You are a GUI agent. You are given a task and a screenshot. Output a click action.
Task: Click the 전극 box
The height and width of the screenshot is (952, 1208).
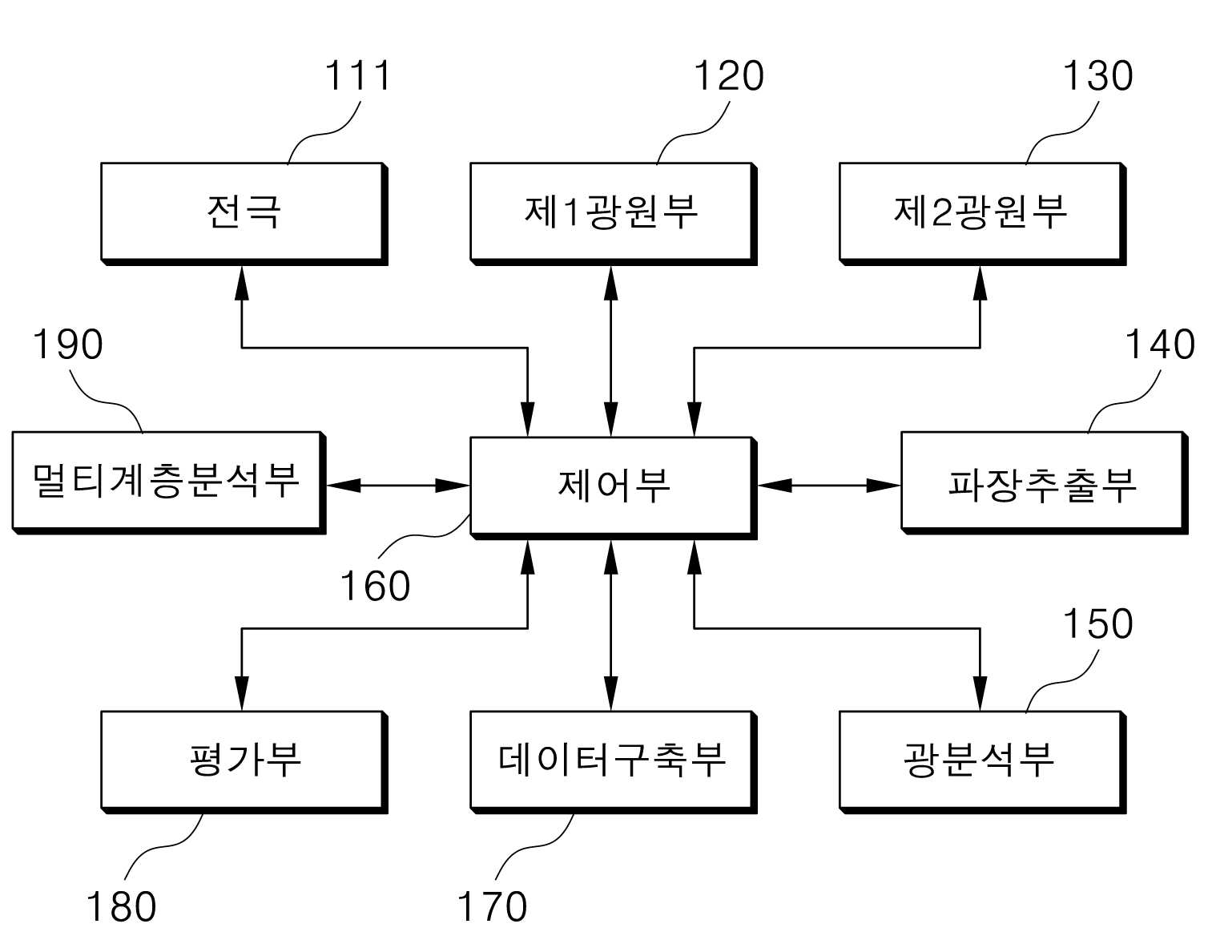[244, 214]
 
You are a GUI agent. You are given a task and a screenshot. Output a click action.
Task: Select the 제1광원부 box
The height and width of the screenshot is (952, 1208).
[614, 214]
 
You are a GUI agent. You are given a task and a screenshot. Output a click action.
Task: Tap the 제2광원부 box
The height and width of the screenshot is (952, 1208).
[983, 214]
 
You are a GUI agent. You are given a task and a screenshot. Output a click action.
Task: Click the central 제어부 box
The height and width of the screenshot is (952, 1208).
[614, 488]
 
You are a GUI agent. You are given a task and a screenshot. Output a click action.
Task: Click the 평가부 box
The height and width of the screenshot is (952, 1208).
[244, 762]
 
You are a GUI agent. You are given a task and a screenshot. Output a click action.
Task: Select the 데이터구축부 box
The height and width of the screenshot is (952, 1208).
[614, 762]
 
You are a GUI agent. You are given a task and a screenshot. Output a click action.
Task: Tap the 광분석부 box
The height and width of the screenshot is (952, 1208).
[983, 762]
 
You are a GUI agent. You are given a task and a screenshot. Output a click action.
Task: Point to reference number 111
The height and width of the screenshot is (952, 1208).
[357, 76]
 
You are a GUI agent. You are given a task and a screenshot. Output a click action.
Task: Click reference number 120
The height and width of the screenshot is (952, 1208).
[729, 76]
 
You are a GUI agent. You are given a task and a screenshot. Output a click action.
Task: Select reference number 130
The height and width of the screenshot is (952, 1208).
[1098, 76]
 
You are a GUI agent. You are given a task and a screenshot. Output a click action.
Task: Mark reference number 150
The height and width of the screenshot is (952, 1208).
[1098, 623]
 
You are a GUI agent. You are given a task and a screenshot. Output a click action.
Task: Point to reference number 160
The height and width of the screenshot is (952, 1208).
[375, 587]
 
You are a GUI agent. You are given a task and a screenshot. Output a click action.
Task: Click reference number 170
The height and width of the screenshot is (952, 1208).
[493, 907]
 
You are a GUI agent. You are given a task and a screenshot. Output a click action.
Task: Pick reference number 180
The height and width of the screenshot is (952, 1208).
[121, 907]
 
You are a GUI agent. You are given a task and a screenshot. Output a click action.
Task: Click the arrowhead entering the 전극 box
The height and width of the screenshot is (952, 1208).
[242, 283]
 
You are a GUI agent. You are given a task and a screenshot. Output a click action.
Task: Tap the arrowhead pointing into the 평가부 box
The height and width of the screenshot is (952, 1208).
[242, 694]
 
